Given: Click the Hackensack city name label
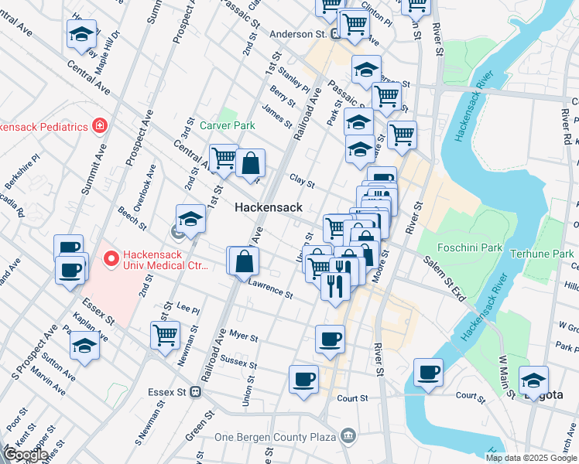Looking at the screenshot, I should click(x=269, y=207).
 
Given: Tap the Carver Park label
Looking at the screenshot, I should click(x=227, y=125).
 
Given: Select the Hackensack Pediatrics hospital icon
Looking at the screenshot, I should click(x=99, y=125).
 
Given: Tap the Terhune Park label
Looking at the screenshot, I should click(x=550, y=253).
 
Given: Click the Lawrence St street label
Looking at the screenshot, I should click(x=270, y=290).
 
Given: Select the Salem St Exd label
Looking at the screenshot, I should click(x=444, y=270).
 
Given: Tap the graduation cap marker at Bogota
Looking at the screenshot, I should click(x=533, y=380).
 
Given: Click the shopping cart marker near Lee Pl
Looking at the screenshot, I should click(x=166, y=336).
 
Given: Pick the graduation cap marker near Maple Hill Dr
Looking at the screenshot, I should click(x=81, y=34).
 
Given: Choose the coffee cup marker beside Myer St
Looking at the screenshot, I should click(x=330, y=338).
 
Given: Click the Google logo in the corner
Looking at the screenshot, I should click(x=26, y=455).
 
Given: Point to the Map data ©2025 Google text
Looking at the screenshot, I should click(x=530, y=457).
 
